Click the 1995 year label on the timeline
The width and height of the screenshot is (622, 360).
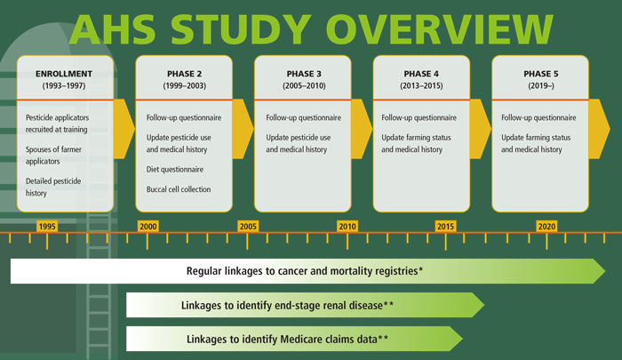click(x=47, y=227)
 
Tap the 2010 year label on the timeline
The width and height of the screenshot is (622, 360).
click(x=347, y=227)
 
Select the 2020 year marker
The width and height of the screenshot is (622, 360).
click(x=546, y=227)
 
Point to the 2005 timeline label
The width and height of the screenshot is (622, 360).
click(x=248, y=227)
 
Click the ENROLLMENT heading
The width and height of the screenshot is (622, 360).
click(x=64, y=74)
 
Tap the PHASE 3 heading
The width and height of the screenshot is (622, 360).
click(x=304, y=74)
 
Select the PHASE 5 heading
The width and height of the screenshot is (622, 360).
click(x=540, y=74)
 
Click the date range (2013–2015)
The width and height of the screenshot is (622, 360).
click(x=421, y=85)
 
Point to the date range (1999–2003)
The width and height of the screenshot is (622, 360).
click(x=185, y=85)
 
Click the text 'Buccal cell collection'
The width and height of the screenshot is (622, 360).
click(x=179, y=189)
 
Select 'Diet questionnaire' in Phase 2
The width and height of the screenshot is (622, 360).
click(x=175, y=170)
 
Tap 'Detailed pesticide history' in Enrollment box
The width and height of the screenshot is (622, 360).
click(x=53, y=187)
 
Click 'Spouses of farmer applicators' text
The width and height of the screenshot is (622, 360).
click(x=53, y=156)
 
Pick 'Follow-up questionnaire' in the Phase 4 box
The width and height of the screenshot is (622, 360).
click(x=419, y=117)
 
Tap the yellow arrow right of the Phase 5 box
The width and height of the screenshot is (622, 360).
click(x=599, y=129)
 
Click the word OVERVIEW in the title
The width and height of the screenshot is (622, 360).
click(x=440, y=29)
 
